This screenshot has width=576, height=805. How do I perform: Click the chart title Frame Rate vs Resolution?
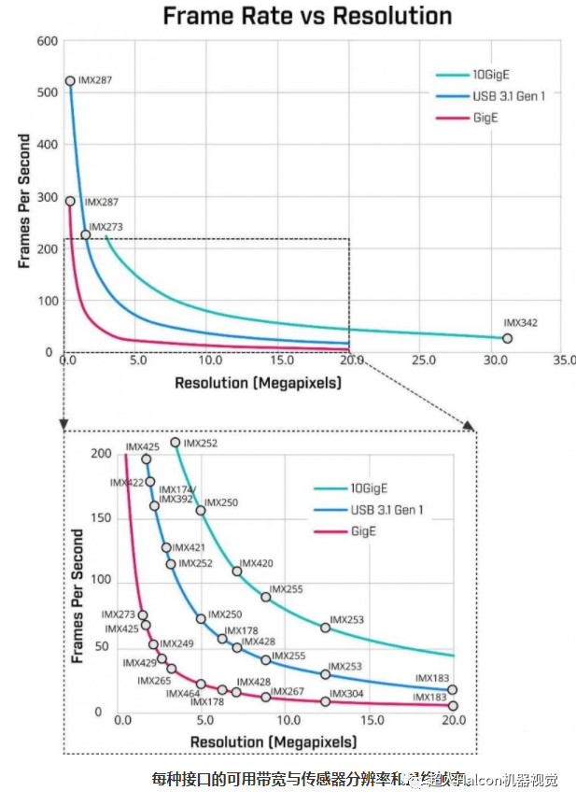[307, 16]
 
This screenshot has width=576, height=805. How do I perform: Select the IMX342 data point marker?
[508, 338]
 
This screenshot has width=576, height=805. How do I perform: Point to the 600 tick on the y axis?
[48, 41]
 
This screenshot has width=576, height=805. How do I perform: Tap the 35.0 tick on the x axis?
[563, 360]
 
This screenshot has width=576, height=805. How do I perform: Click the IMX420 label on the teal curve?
[256, 564]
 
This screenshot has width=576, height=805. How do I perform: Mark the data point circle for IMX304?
[325, 700]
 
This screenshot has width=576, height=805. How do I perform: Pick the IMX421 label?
[190, 547]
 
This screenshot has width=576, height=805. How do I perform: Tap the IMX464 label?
[183, 694]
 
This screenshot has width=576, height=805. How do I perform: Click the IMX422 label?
[126, 483]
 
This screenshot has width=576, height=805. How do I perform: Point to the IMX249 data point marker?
[154, 644]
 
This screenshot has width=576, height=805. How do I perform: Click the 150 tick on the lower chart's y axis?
[100, 518]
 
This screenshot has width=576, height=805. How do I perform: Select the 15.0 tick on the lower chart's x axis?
[371, 721]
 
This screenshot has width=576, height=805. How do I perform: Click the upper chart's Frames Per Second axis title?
[24, 201]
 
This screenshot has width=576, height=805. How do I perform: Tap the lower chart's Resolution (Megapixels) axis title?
[273, 741]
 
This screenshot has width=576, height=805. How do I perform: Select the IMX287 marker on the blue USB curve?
[70, 81]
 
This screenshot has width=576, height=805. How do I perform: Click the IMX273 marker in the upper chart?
[86, 234]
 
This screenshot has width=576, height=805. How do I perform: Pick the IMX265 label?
[153, 681]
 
